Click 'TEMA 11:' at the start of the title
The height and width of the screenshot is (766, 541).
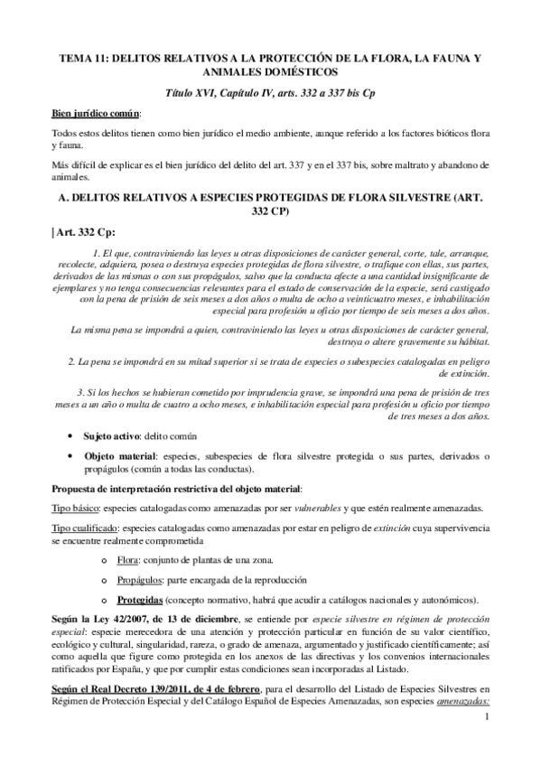point(79,57)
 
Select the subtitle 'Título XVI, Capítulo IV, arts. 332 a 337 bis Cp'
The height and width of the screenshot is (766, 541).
point(271,93)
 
